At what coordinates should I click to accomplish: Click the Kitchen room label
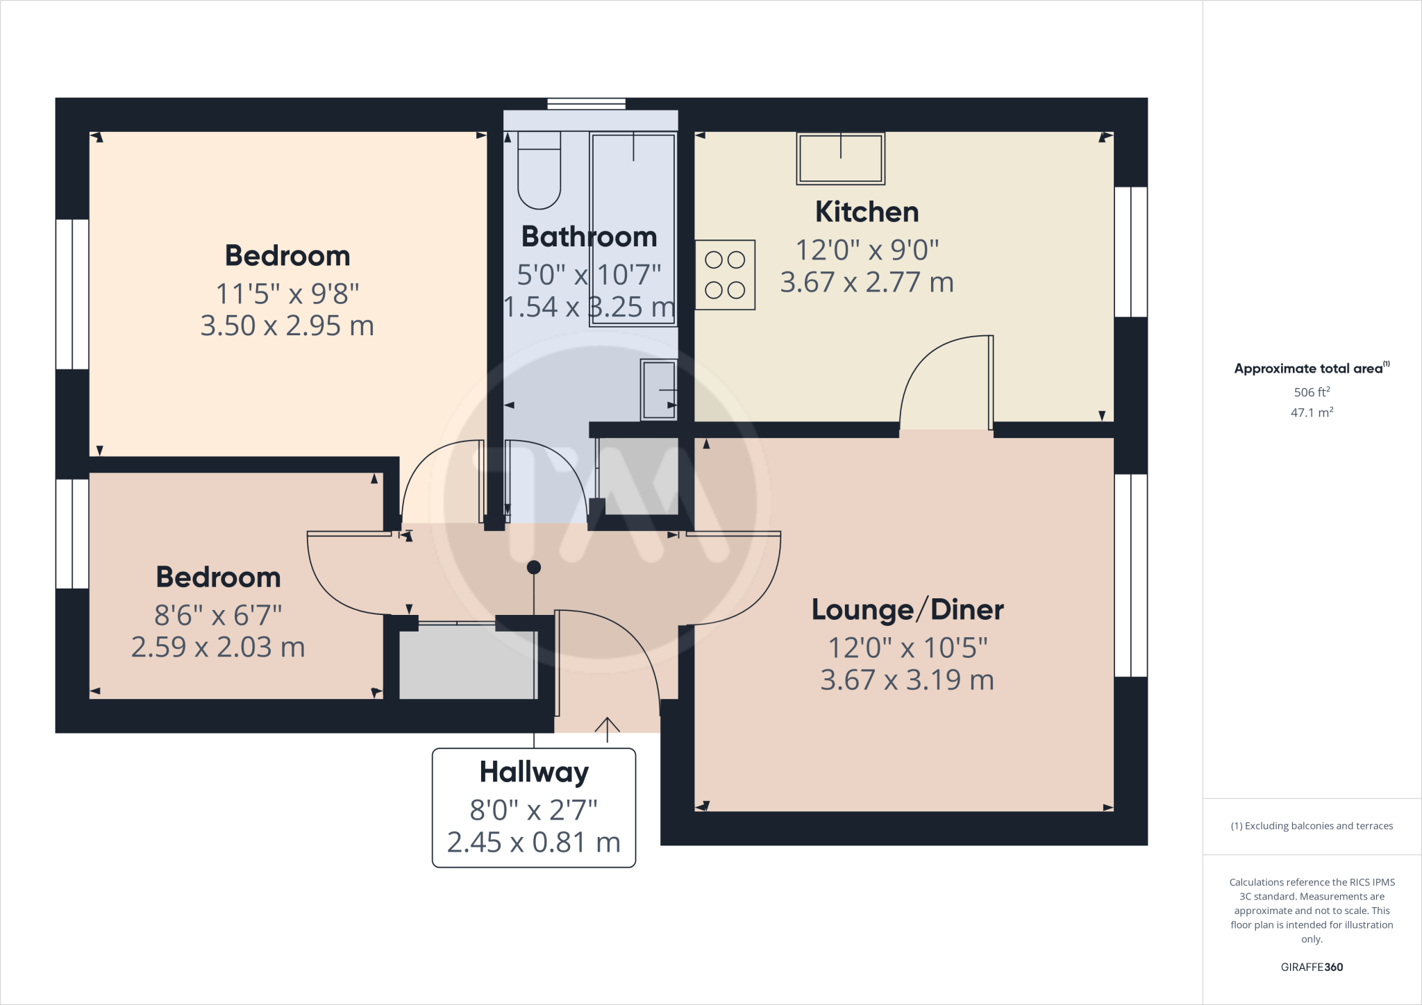click(867, 212)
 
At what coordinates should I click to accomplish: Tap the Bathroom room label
click(589, 237)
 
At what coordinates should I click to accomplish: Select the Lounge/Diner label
click(907, 610)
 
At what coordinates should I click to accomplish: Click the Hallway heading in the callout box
click(534, 772)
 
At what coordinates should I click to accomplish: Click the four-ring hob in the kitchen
click(725, 275)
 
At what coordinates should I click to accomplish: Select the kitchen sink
click(840, 158)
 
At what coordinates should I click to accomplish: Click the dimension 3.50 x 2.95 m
click(287, 326)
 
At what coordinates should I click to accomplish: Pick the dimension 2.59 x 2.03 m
click(218, 648)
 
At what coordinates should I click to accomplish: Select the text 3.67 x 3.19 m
click(907, 680)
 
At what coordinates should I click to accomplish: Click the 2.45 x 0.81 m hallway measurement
click(533, 843)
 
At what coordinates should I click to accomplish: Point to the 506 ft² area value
click(1312, 392)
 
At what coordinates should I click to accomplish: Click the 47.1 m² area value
click(1312, 412)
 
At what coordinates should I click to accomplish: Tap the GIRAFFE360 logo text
click(1312, 967)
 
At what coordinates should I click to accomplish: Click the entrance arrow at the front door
click(608, 729)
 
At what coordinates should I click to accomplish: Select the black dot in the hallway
click(534, 568)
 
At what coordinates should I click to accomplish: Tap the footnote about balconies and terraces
click(1312, 826)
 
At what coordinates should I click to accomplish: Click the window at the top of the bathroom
click(587, 104)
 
